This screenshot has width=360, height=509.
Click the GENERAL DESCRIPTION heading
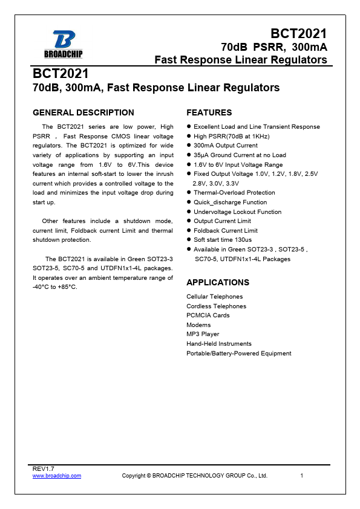[83, 112]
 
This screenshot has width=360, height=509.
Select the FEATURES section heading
[209, 112]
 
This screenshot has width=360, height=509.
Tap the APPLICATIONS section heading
[218, 282]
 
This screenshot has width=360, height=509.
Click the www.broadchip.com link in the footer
[56, 476]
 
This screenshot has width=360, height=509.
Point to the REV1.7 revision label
[42, 469]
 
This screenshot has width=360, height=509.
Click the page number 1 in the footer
[301, 476]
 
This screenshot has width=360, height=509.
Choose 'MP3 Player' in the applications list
[203, 334]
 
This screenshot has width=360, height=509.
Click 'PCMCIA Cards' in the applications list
[208, 316]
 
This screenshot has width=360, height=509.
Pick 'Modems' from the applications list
[198, 325]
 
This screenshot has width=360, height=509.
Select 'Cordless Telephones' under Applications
[216, 306]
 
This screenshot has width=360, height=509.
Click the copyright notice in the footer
[194, 476]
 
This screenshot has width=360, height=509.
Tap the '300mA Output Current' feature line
[225, 146]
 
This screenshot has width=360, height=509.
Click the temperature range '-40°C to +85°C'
[55, 287]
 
